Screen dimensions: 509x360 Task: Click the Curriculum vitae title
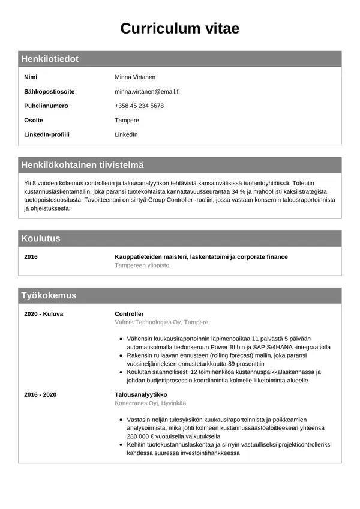pos(179,28)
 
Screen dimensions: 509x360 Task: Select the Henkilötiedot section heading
pos(50,59)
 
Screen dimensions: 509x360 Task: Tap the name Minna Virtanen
pos(135,77)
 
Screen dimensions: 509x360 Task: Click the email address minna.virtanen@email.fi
pos(147,92)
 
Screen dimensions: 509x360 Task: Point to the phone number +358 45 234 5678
pos(139,106)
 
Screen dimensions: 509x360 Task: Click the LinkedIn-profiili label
pos(46,134)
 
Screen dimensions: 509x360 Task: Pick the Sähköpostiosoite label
pos(49,92)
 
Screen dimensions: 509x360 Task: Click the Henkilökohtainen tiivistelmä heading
pos(82,165)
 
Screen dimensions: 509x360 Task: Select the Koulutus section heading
pos(41,238)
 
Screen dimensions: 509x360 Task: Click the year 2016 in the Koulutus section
pos(31,257)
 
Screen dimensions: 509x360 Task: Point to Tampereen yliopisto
pos(142,265)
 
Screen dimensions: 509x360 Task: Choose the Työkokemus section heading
pos(49,295)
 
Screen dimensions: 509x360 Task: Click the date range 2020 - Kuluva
pos(43,314)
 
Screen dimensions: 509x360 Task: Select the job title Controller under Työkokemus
pos(130,314)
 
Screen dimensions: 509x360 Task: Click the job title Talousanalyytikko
pos(141,394)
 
